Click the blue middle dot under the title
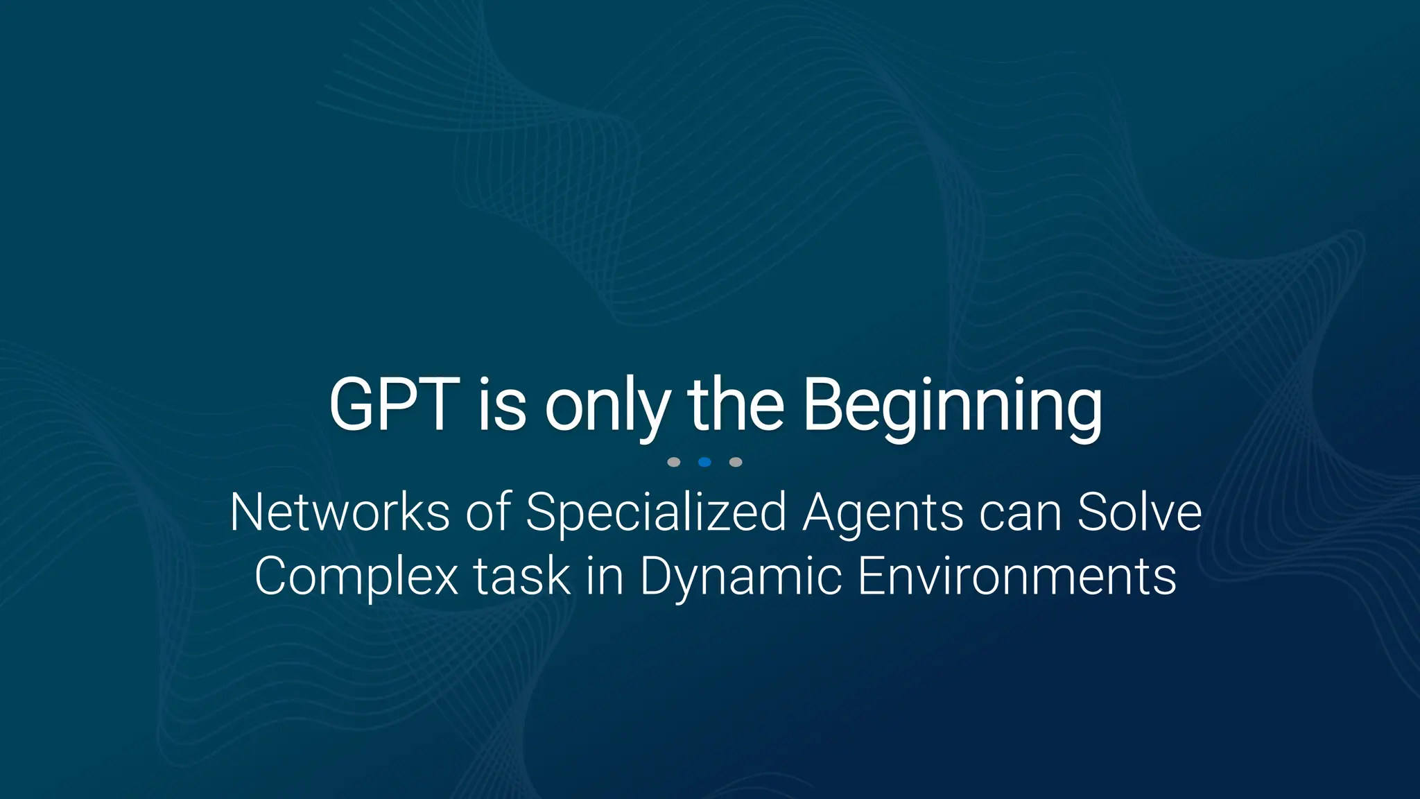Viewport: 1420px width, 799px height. (x=704, y=462)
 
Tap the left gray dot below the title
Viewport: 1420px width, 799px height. (x=673, y=462)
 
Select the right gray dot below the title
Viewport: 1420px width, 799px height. (x=736, y=462)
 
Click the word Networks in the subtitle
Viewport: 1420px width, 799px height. (x=340, y=513)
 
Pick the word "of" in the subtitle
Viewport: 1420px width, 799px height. (x=488, y=513)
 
